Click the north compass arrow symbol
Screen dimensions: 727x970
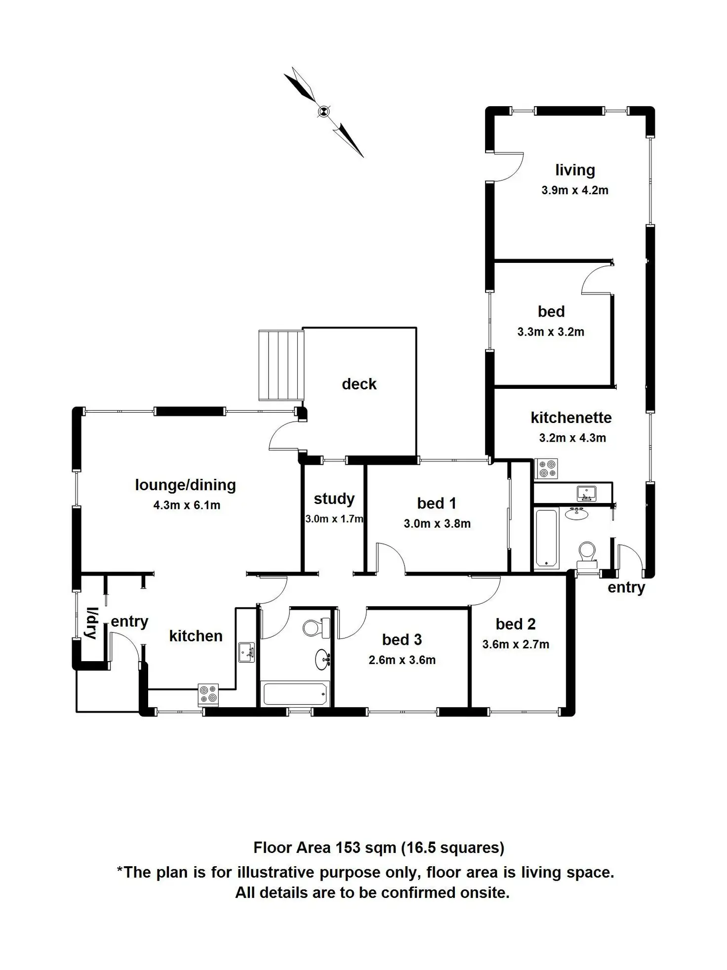coord(324,112)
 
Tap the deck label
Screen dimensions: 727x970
coord(359,384)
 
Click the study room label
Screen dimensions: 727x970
coord(334,499)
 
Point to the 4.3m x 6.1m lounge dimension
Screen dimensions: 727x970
coord(187,505)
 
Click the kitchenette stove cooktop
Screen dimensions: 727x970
coord(547,468)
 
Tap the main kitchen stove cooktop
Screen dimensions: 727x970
coord(208,694)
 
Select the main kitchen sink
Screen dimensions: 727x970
coord(246,652)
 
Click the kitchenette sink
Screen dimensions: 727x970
coord(586,493)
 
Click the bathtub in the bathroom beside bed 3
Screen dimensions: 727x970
coord(295,693)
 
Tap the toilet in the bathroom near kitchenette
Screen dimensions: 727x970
coord(587,553)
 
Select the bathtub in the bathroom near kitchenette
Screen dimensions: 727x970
coord(546,537)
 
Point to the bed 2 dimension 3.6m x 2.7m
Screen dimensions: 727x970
coord(516,644)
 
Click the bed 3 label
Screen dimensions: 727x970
coord(402,639)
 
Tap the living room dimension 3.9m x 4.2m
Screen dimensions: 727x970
coord(575,190)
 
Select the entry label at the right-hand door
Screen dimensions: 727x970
coord(626,588)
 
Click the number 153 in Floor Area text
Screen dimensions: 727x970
coord(348,848)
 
